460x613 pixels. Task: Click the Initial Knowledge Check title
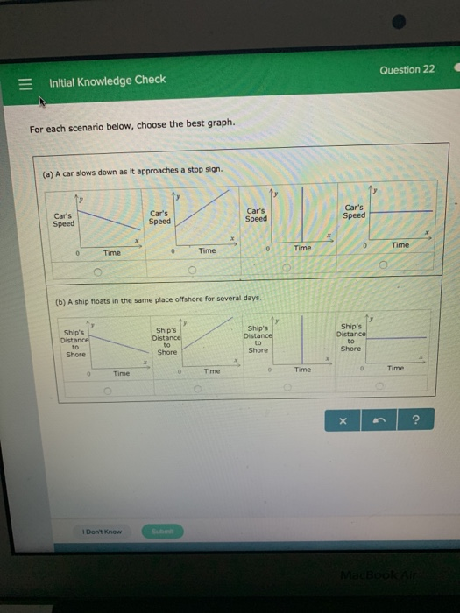[108, 81]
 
